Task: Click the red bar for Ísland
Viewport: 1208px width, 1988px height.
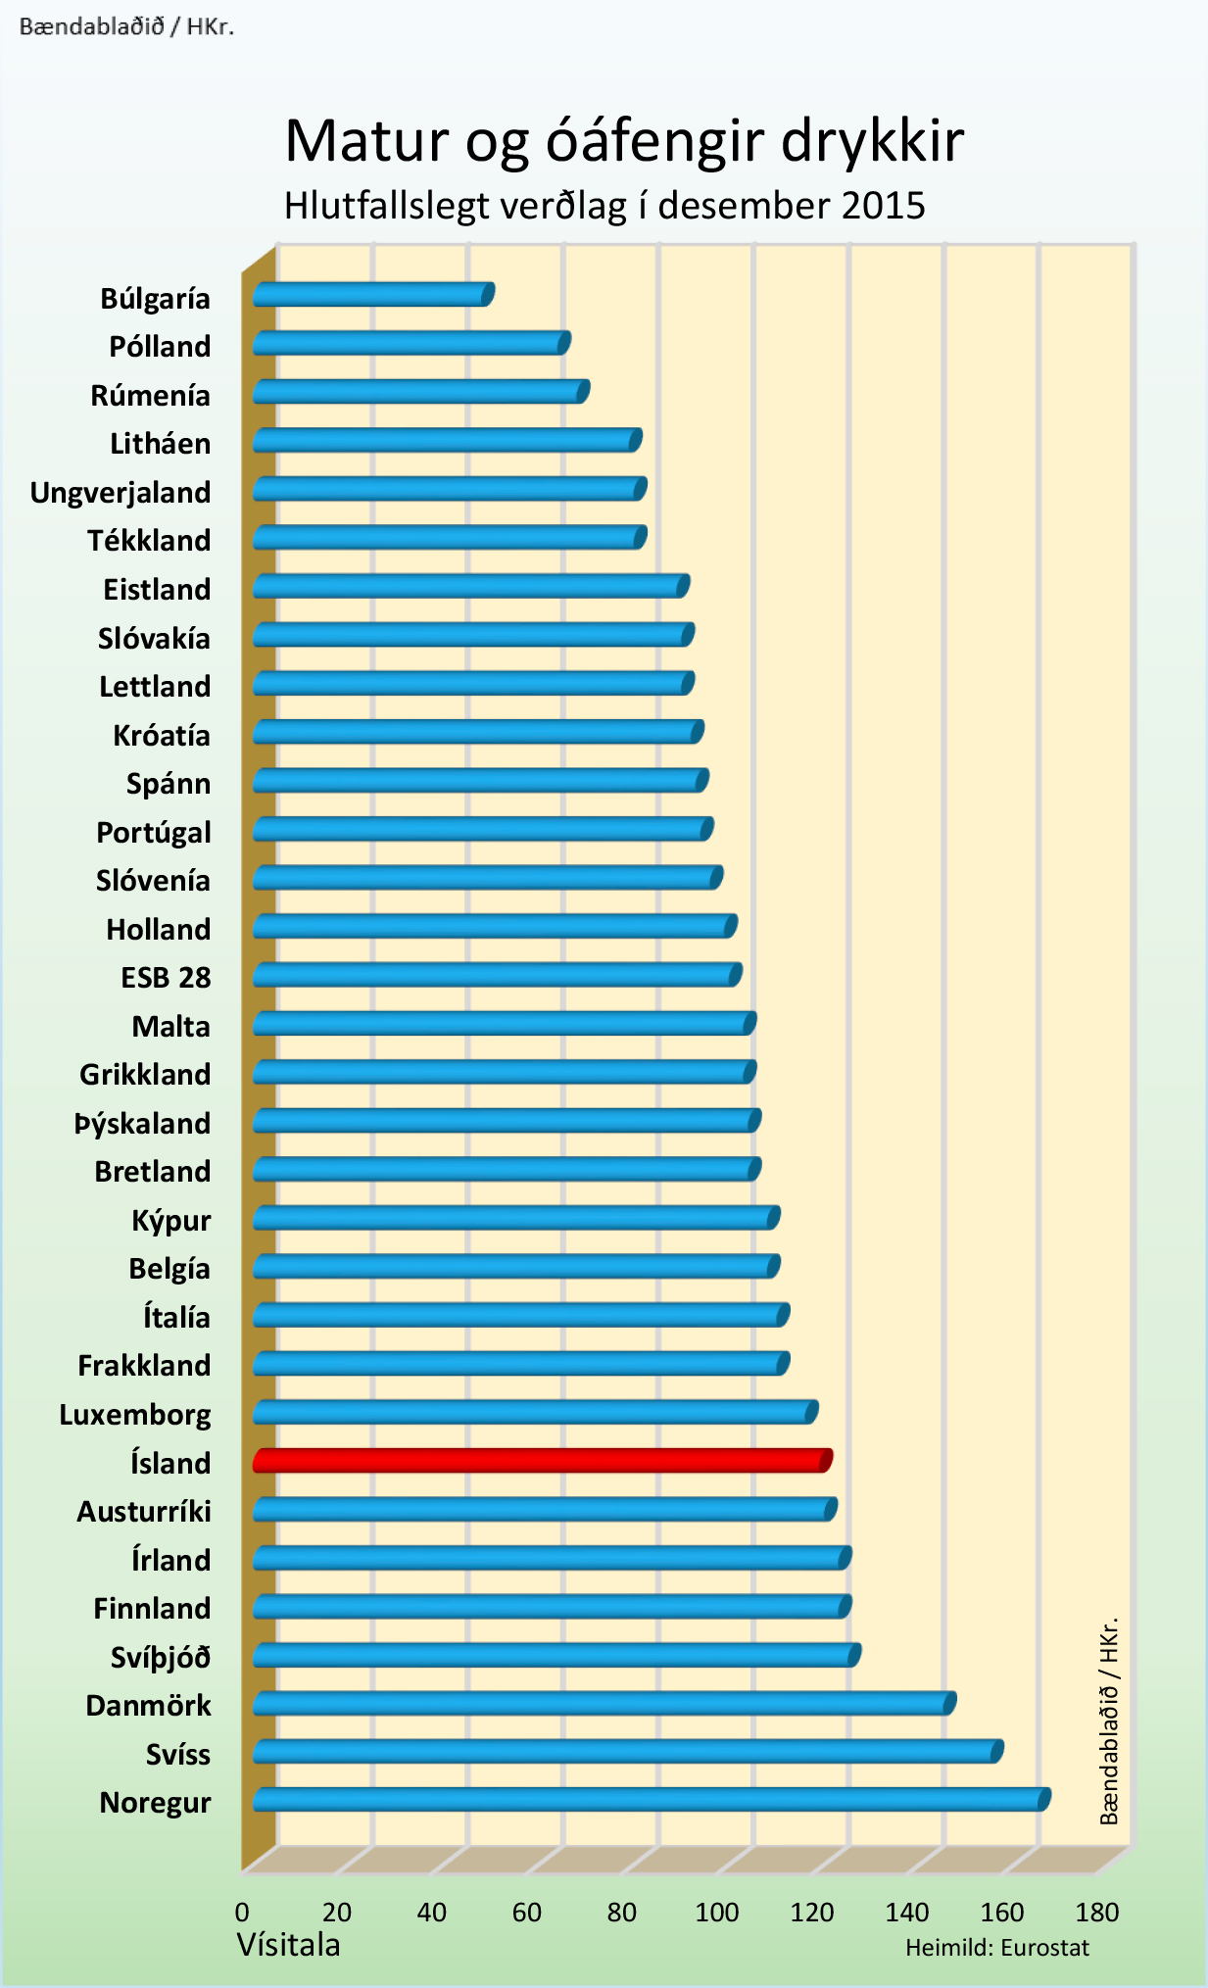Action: coord(542,1460)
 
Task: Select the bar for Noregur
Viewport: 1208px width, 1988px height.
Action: coord(651,1800)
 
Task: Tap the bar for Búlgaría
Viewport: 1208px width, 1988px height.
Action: coord(372,294)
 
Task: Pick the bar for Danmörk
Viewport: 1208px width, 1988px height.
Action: coord(604,1703)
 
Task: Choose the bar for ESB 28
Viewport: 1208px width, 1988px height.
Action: coord(497,974)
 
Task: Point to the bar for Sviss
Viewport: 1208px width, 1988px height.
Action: coord(627,1751)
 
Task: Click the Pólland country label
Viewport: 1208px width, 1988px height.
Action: coord(160,346)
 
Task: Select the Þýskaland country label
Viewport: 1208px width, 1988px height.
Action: coord(143,1123)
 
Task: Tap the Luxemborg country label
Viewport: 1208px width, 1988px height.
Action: coord(135,1414)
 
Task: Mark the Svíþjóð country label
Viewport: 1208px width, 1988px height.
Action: coord(161,1657)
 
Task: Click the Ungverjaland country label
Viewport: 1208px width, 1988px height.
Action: coord(121,492)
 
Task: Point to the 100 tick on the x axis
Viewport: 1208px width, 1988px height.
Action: coord(717,1912)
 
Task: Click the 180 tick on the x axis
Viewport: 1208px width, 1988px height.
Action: coord(1097,1912)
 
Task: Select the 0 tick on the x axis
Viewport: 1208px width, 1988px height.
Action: coord(242,1912)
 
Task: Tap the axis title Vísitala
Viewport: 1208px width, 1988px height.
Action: coord(288,1945)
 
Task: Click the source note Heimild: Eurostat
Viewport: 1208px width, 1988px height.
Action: coord(996,1948)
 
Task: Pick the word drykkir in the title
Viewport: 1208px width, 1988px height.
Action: coord(873,140)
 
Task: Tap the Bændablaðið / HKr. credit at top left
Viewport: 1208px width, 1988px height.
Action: coord(126,26)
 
